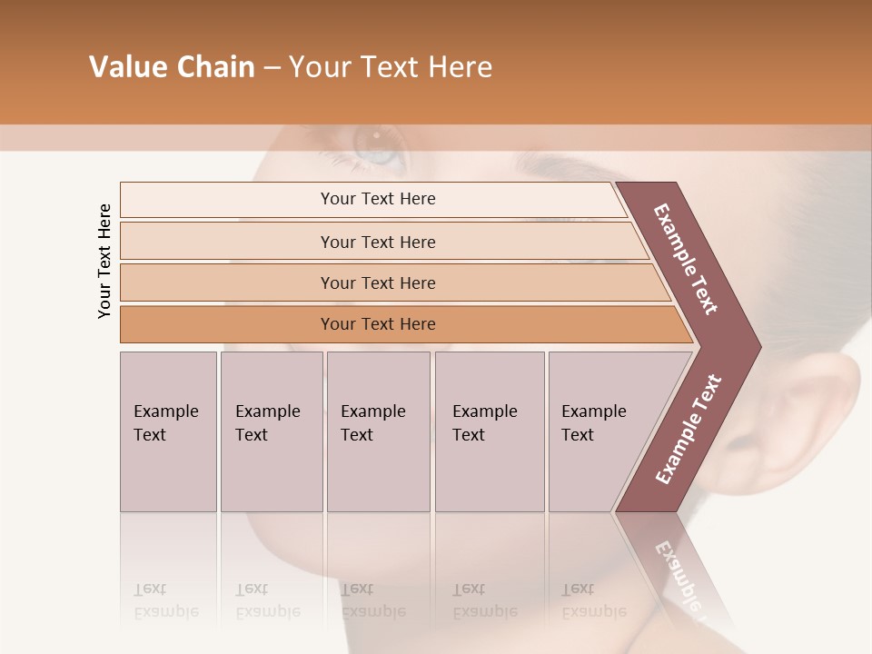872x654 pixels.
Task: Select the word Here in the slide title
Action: point(460,67)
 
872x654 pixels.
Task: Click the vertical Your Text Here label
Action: point(104,261)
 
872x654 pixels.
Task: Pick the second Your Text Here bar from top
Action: point(378,242)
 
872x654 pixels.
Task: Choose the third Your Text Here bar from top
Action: point(378,282)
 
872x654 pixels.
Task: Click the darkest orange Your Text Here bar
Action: point(378,324)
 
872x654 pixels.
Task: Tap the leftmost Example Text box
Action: point(168,431)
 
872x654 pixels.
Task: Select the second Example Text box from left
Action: point(272,431)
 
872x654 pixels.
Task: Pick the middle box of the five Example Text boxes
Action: point(378,431)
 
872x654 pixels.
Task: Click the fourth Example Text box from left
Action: point(490,431)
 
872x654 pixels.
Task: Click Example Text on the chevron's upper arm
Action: point(686,259)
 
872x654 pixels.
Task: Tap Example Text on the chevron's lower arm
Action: point(688,429)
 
